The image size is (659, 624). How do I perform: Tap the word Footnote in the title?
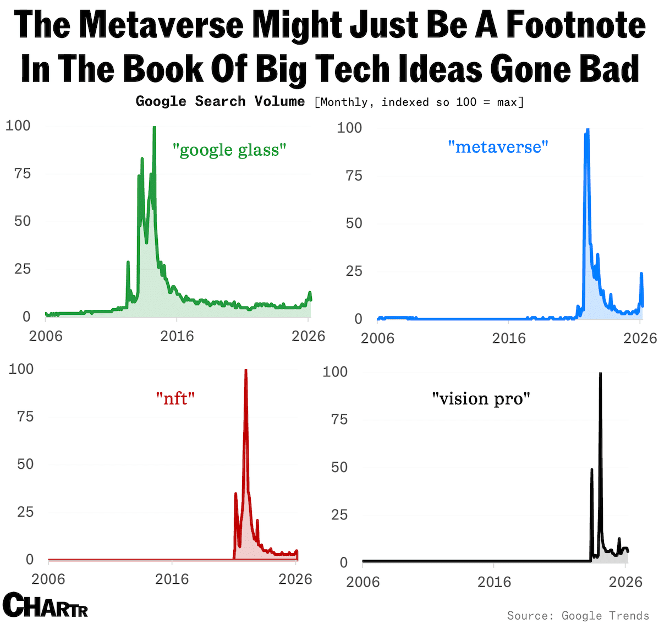(575, 25)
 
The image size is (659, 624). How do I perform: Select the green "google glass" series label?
(229, 150)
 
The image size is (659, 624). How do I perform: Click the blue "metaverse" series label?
(498, 147)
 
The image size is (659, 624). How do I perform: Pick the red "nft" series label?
(175, 398)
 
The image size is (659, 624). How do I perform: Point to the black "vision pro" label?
(481, 398)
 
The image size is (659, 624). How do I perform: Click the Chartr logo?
(45, 605)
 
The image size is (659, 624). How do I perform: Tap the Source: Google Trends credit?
(578, 615)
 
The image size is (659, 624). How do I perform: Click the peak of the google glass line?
(154, 128)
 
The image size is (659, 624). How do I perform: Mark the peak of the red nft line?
(245, 371)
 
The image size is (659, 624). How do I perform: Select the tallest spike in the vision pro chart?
(600, 374)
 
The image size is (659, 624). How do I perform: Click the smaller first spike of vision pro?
(591, 469)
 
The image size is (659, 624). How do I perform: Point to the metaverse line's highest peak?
(587, 130)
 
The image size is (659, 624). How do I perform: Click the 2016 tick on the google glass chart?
(177, 336)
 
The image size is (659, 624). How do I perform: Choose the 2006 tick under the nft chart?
(48, 579)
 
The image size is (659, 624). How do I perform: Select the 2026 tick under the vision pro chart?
(625, 582)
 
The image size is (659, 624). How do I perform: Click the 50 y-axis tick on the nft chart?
(25, 464)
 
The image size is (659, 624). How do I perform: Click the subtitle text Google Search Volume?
(220, 101)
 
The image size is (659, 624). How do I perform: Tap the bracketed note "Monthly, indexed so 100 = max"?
(419, 102)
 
